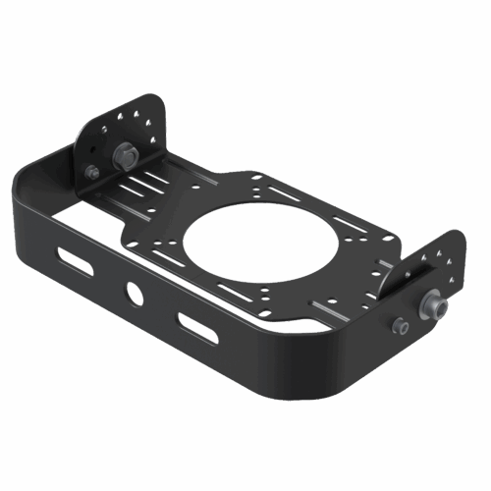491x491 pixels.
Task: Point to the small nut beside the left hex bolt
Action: click(91, 173)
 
